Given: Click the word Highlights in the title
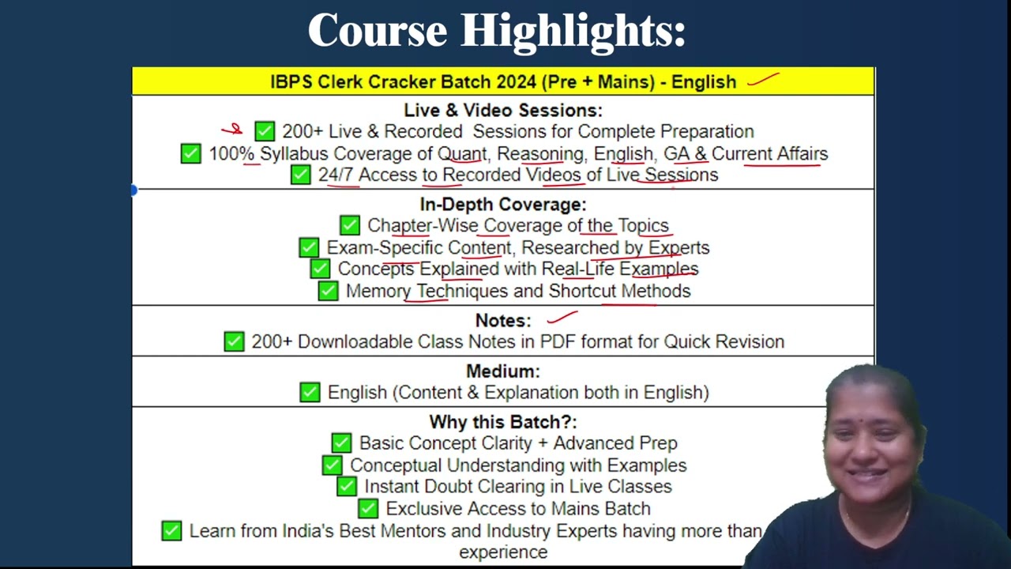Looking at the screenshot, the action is [573, 32].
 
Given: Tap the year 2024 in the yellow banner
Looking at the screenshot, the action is [517, 82].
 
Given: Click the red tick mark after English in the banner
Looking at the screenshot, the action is [763, 79].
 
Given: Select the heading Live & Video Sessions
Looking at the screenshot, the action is [503, 110].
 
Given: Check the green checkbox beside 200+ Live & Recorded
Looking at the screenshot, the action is [265, 131].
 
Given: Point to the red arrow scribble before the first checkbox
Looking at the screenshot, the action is [232, 130].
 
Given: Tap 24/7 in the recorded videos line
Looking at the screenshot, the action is [336, 175].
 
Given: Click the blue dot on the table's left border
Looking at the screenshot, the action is [133, 190].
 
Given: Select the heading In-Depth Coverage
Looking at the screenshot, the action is [503, 205].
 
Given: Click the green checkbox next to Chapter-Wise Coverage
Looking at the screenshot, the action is [350, 225].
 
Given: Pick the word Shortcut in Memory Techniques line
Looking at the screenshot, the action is [582, 292].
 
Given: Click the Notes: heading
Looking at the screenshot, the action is [503, 321].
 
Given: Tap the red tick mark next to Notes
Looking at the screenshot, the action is [562, 317].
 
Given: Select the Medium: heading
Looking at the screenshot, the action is [503, 371].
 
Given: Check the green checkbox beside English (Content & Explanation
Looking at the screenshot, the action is [310, 393].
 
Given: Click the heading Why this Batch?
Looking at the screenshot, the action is [503, 422].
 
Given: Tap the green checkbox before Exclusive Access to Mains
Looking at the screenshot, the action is [368, 508].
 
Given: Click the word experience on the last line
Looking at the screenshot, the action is [503, 552].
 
